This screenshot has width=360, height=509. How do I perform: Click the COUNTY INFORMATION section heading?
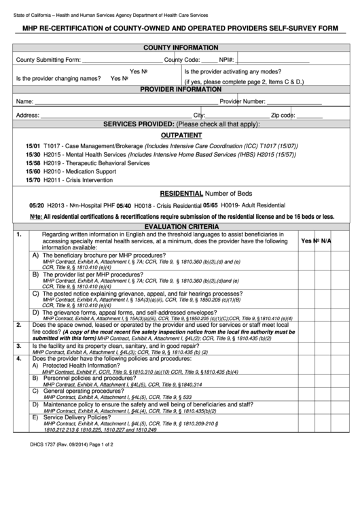(180, 48)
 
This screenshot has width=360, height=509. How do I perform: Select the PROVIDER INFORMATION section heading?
(180, 89)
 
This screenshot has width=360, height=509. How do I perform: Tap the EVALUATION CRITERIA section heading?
(180, 226)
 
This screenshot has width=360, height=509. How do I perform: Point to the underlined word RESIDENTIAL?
(181, 193)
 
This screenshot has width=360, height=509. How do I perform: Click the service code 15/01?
(33, 146)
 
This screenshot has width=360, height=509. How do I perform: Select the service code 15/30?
(33, 155)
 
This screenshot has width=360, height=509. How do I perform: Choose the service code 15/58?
(33, 163)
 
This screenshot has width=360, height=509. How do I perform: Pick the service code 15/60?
(33, 172)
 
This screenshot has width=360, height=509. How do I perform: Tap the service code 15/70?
(33, 180)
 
